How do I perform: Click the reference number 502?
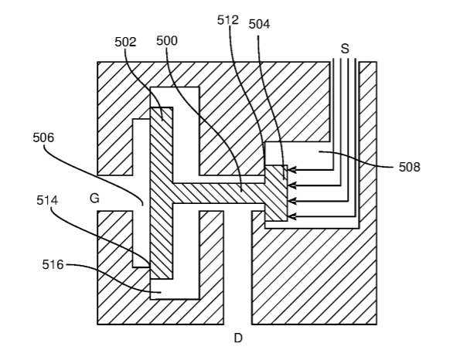(125, 42)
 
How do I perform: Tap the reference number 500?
(167, 40)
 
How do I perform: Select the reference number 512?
(228, 20)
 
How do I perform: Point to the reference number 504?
(259, 24)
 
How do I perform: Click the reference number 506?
(43, 138)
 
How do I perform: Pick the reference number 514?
(47, 201)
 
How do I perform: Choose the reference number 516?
(53, 265)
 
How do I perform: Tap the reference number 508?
(410, 167)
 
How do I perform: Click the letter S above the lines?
(345, 49)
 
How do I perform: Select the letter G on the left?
(94, 199)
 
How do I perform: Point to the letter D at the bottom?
(238, 338)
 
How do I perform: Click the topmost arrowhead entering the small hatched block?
(291, 169)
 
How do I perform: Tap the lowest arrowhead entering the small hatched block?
(291, 216)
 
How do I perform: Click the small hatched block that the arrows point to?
(276, 193)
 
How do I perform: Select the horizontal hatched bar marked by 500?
(219, 193)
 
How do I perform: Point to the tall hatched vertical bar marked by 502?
(162, 193)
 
